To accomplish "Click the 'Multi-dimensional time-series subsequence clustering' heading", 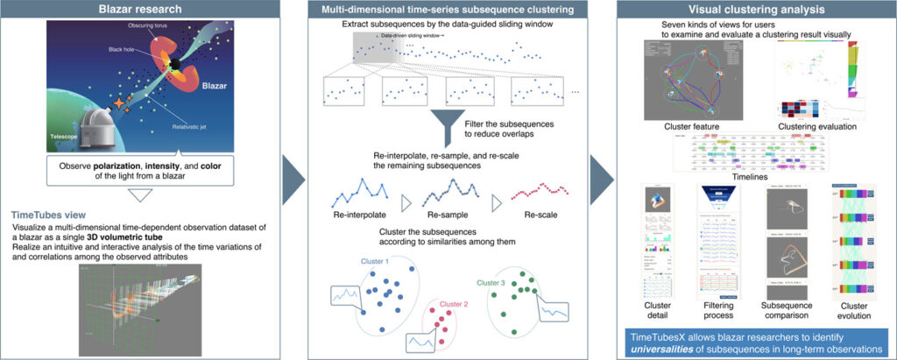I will pyautogui.click(x=448, y=10).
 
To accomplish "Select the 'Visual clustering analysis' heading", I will pyautogui.click(x=753, y=10).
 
